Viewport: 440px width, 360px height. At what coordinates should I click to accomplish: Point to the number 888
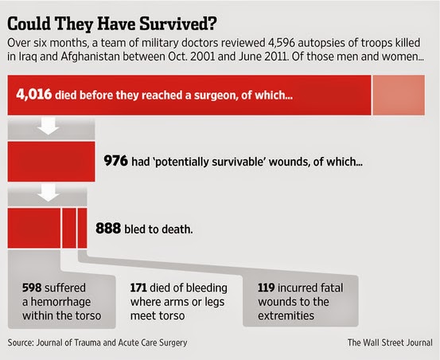point(108,228)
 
